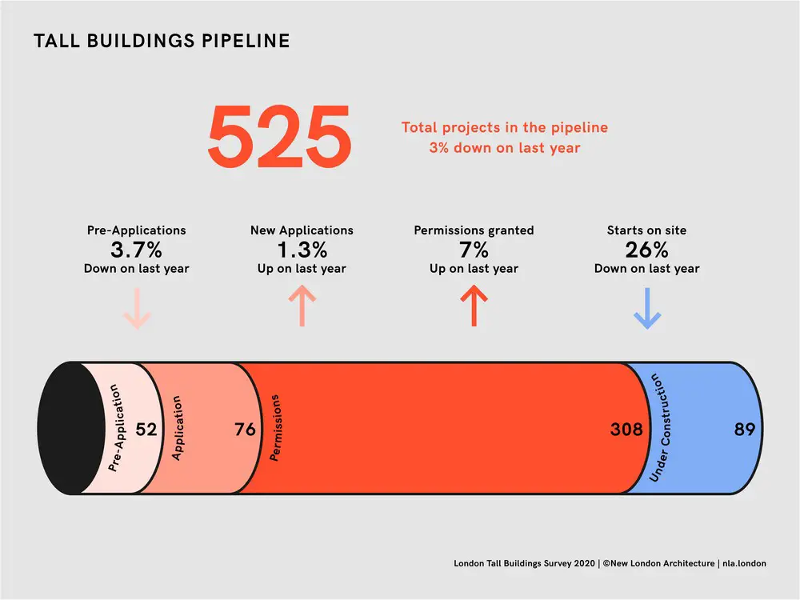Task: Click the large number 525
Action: click(x=279, y=136)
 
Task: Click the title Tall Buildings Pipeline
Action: click(x=162, y=41)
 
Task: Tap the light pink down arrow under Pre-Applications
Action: click(x=137, y=308)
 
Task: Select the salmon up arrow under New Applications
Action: click(x=302, y=306)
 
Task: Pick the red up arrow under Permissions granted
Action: click(x=474, y=306)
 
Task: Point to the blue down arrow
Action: click(x=647, y=308)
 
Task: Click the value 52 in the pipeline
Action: click(x=146, y=429)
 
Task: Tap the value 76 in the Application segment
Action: click(x=245, y=429)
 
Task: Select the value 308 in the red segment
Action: click(x=626, y=429)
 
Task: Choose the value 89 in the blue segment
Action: click(x=744, y=429)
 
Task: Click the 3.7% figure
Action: click(x=136, y=250)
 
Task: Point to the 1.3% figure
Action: click(x=302, y=250)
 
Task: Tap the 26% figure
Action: click(x=646, y=250)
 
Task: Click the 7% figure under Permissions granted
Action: click(x=474, y=250)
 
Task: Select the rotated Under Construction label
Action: click(x=660, y=427)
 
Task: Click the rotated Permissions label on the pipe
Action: click(x=275, y=427)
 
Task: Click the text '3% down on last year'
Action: click(x=505, y=148)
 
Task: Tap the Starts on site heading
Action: click(x=646, y=230)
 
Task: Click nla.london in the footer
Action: click(x=744, y=563)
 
